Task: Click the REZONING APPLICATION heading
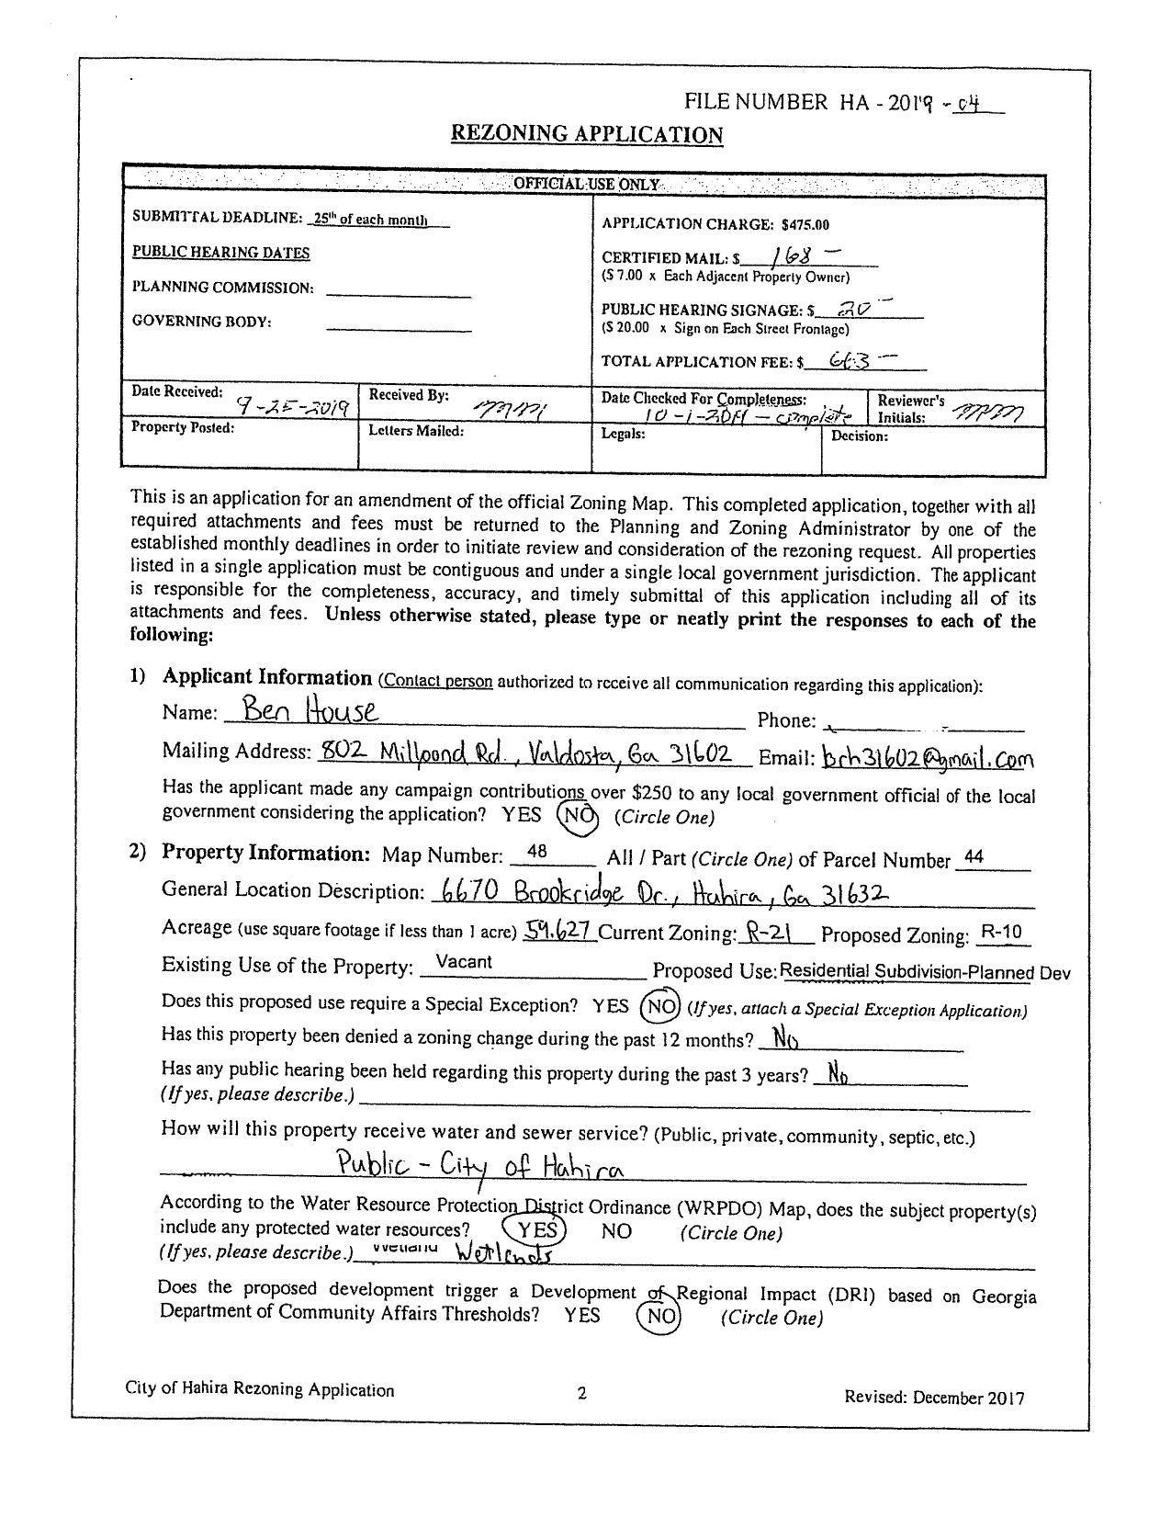click(x=586, y=134)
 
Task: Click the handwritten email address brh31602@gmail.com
click(x=927, y=759)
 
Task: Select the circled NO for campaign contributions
click(x=577, y=816)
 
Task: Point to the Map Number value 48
click(x=537, y=853)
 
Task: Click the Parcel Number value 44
click(x=974, y=857)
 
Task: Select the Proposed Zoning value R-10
click(x=1000, y=933)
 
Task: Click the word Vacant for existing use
click(x=464, y=962)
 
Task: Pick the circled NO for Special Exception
click(x=660, y=1006)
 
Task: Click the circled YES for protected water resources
click(x=535, y=1229)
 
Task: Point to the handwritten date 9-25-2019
click(x=292, y=406)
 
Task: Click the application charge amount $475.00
click(x=805, y=224)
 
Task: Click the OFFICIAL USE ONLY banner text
click(x=585, y=184)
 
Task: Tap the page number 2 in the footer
click(x=581, y=1393)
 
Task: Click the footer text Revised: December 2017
click(x=933, y=1398)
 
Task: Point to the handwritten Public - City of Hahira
click(x=480, y=1167)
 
